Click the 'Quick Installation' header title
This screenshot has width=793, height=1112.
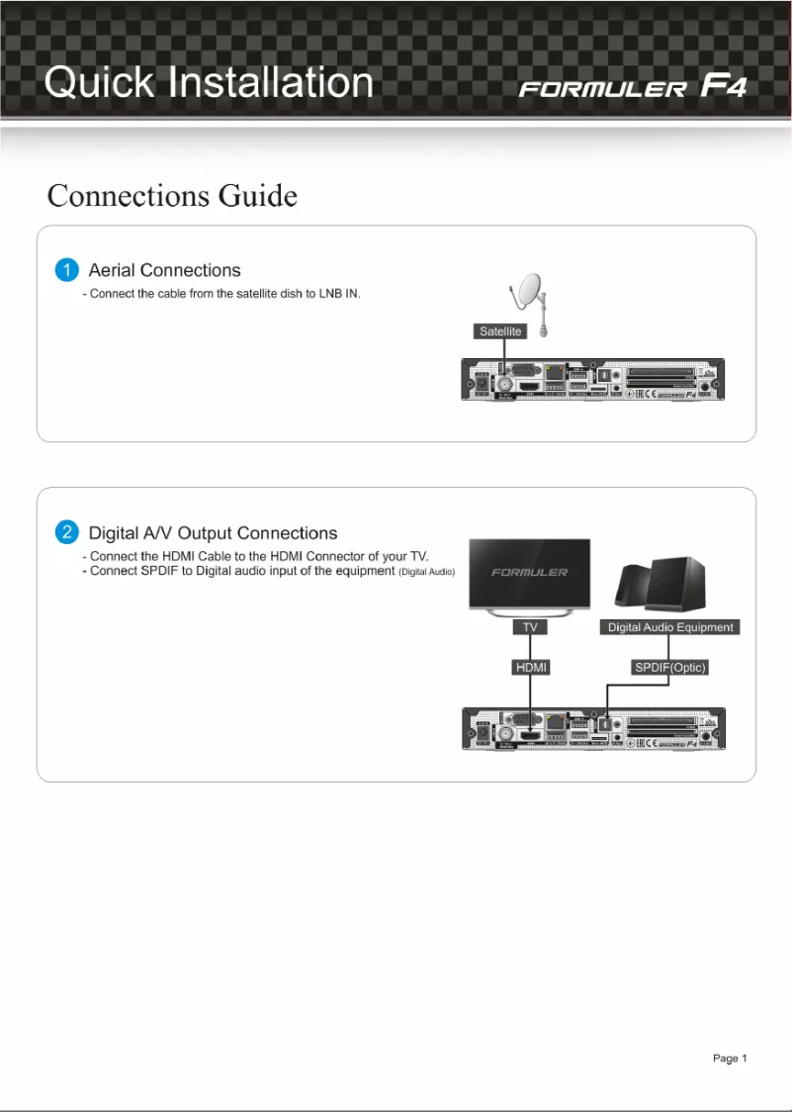click(209, 82)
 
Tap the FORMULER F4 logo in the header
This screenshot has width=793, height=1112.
click(633, 87)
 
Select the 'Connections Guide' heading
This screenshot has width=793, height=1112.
click(172, 196)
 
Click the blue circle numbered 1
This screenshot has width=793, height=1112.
click(66, 270)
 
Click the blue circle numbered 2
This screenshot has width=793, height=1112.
click(66, 533)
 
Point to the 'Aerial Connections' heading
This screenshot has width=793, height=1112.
click(164, 270)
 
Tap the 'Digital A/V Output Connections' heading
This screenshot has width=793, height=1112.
click(213, 533)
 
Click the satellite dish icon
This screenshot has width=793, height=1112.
click(528, 298)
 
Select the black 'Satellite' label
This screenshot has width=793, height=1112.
click(500, 331)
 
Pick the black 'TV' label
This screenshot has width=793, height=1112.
click(529, 627)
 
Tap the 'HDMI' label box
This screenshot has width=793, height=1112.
click(531, 668)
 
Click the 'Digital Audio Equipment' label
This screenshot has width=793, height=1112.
click(670, 627)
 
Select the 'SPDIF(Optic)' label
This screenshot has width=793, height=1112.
click(669, 668)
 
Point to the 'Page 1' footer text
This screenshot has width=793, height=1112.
click(730, 1059)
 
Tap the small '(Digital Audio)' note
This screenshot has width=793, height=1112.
click(426, 573)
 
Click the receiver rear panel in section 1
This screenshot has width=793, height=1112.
click(593, 380)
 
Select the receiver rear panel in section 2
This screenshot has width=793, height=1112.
click(593, 728)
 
